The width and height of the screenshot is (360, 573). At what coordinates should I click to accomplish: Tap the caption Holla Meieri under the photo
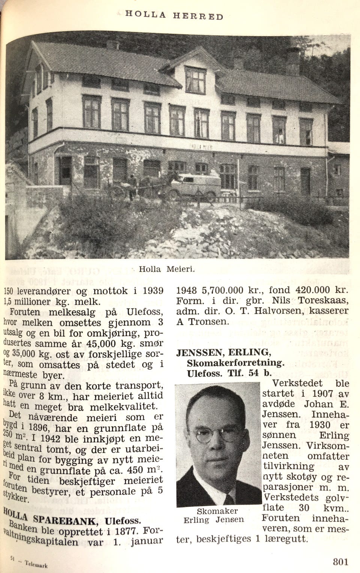click(x=167, y=269)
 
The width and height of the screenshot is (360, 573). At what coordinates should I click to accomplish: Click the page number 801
click(x=340, y=561)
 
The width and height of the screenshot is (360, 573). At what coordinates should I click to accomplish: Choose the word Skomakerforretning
click(x=235, y=363)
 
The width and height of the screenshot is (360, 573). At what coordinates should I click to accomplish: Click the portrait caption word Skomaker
click(x=217, y=511)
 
